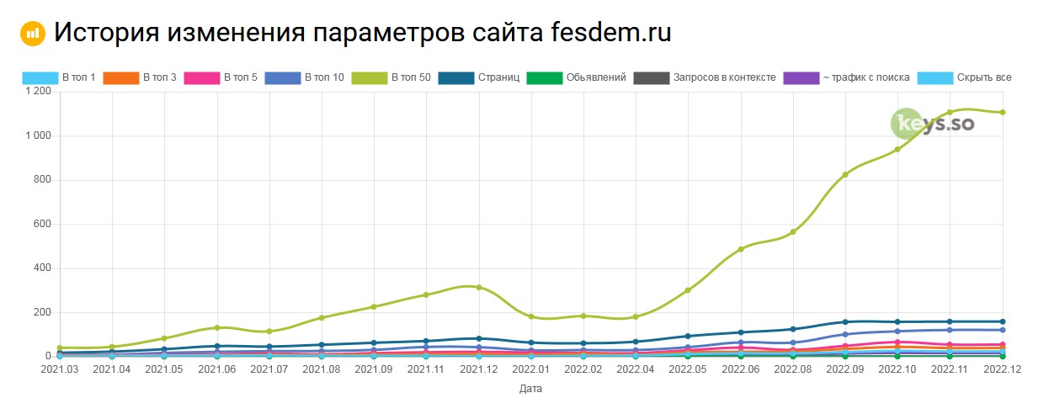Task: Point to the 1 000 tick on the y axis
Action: tap(38, 136)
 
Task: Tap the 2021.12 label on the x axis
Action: tap(478, 369)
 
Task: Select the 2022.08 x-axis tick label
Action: tap(792, 369)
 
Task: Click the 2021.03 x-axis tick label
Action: tap(60, 369)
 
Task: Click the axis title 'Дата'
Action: tap(530, 390)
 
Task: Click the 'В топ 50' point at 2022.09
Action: tap(844, 174)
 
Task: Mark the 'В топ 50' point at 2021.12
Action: tap(478, 287)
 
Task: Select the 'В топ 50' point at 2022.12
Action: tap(1002, 112)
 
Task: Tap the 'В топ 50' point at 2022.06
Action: tap(740, 249)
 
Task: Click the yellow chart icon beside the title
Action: tap(32, 34)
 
